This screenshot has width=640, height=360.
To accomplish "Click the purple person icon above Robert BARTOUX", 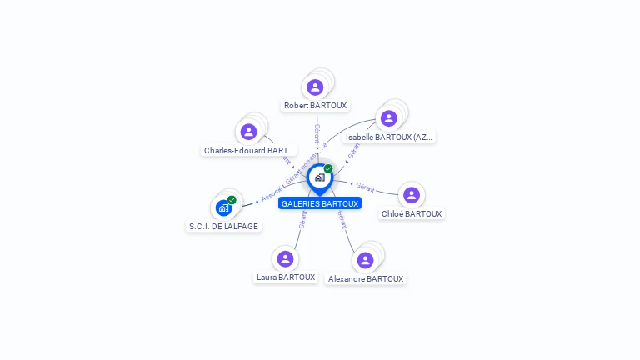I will tap(315, 87).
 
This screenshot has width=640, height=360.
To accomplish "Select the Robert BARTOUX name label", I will tap(315, 106).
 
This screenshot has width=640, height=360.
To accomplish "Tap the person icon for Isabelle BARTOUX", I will tap(388, 117).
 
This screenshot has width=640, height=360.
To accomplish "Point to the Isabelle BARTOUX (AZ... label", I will tap(389, 137).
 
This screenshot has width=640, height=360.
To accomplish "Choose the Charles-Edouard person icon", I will tap(248, 132).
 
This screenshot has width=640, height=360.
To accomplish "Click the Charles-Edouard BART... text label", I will tap(248, 151).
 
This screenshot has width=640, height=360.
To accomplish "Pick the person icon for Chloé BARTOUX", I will tap(411, 195).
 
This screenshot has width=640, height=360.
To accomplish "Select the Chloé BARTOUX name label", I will tap(411, 214).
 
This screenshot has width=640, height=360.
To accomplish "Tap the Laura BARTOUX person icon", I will tap(286, 258).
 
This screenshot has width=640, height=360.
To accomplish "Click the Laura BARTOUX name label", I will tap(286, 277).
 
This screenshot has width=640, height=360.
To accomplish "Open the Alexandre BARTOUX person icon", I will tap(365, 260).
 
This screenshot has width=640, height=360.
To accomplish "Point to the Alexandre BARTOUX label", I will tap(366, 279).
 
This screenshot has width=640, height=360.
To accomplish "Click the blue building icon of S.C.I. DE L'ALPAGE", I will tap(223, 207).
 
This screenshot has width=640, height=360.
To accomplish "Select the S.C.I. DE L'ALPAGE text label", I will tap(223, 227).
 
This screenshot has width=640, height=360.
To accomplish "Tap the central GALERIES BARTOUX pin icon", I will tap(319, 177).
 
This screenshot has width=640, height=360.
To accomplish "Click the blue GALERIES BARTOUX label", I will tap(320, 203).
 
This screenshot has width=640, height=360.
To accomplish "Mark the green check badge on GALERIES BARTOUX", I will tap(328, 168).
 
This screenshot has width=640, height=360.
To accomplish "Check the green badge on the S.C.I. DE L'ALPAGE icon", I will tap(232, 200).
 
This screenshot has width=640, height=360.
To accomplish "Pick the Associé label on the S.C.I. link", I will tap(272, 196).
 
